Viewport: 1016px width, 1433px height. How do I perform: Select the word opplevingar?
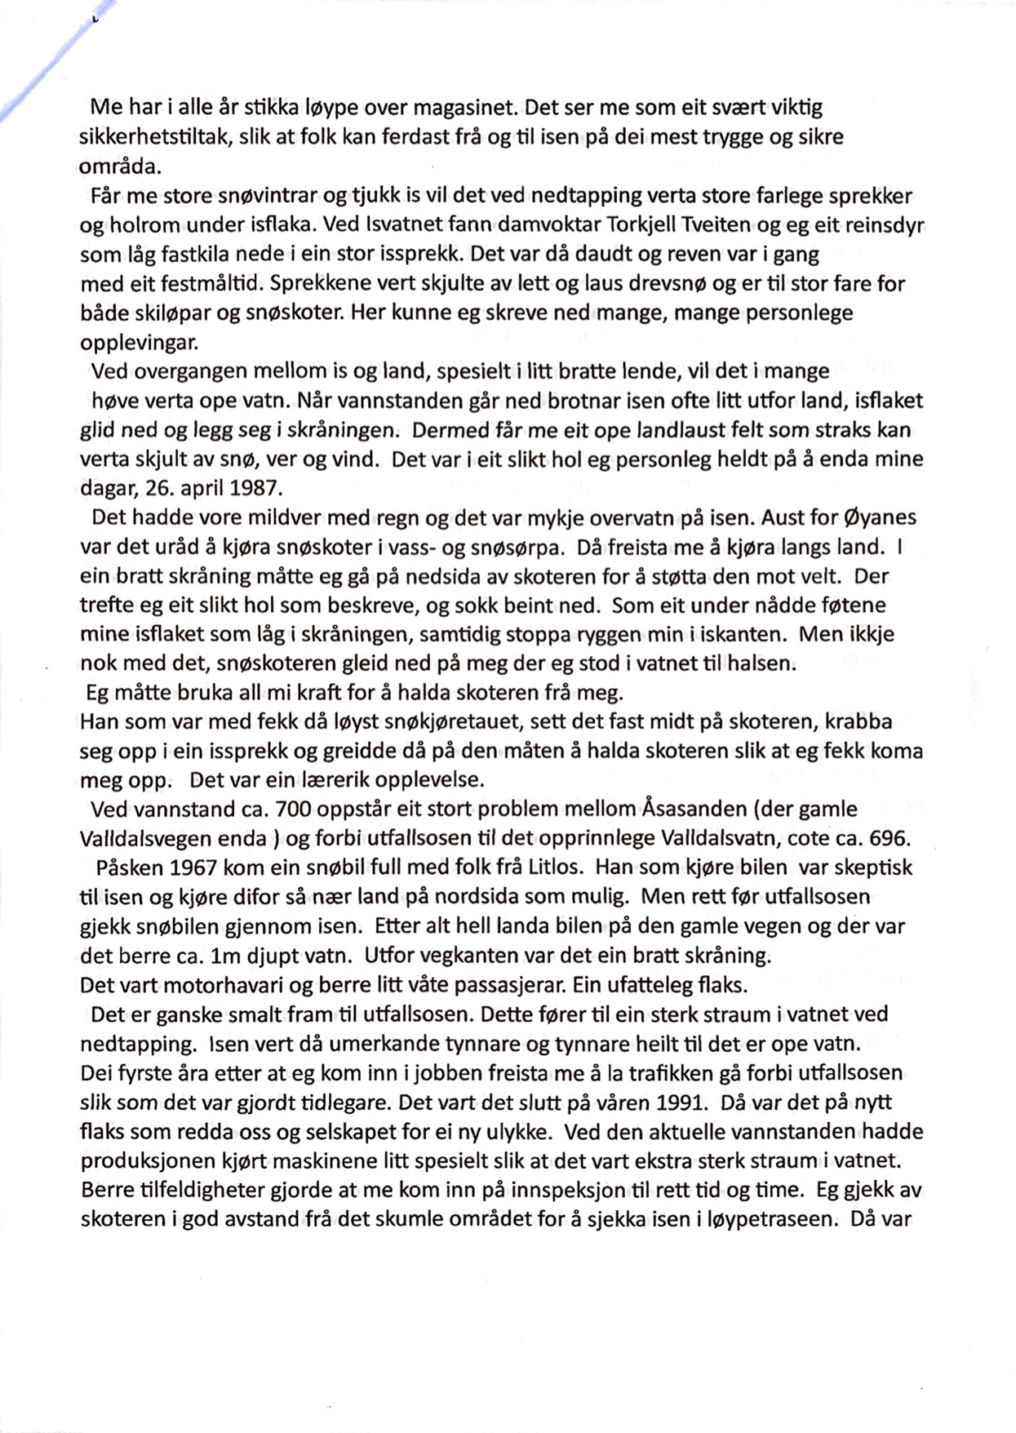(x=140, y=342)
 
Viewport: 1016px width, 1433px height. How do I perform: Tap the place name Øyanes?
(x=876, y=517)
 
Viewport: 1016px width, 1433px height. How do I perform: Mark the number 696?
(x=892, y=838)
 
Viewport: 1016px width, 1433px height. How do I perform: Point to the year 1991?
(x=681, y=1102)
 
